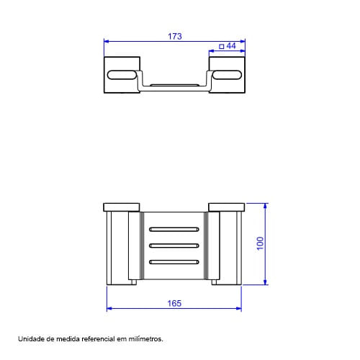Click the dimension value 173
[175, 36]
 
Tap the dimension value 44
[231, 45]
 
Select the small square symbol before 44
[222, 46]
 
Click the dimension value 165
[174, 303]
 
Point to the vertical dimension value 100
[260, 243]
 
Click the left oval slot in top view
[122, 75]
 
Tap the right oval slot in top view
[227, 75]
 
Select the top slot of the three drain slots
[174, 229]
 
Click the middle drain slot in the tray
[174, 246]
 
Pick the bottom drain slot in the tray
[174, 262]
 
